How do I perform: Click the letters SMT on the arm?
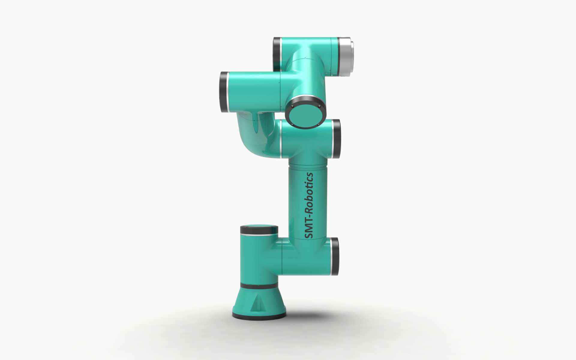309,228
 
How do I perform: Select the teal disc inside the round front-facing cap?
306,113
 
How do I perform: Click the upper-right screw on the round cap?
319,106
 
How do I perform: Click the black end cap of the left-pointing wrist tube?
223,92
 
